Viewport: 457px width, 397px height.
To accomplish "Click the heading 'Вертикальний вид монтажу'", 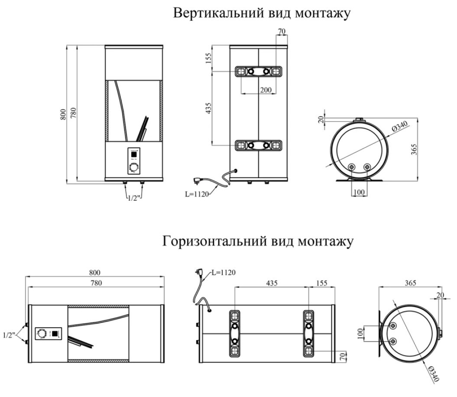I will coord(261,13).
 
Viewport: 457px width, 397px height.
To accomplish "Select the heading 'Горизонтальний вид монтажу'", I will coord(258,241).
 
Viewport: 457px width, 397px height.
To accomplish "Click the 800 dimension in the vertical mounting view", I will coord(64,114).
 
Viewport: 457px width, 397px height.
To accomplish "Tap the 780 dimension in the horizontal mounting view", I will coord(95,283).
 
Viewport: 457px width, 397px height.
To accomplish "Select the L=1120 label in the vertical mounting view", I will coord(195,195).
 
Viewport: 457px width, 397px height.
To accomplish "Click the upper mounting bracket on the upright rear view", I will coord(258,72).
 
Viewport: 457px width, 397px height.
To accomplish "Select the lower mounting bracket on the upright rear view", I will coord(258,145).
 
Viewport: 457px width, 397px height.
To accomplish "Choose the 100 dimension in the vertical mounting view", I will coord(359,192).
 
